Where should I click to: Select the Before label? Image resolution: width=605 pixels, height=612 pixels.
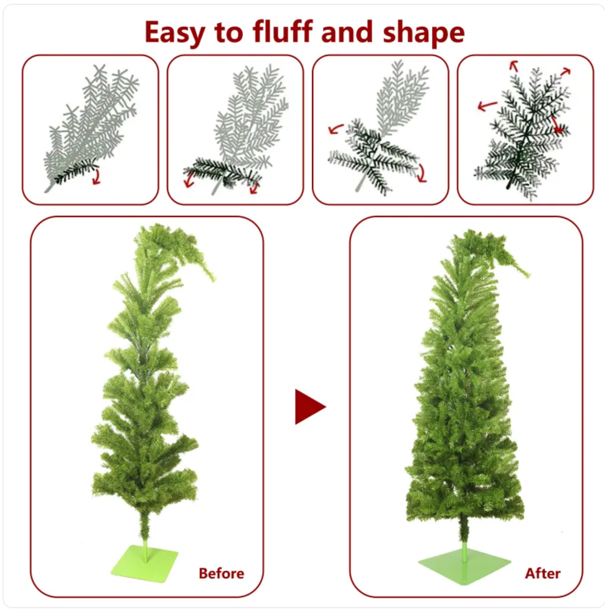(222, 573)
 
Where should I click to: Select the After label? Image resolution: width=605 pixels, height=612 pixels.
(543, 573)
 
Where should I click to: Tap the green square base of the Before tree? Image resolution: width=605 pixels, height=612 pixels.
(144, 564)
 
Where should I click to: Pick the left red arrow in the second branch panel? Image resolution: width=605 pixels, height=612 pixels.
(190, 180)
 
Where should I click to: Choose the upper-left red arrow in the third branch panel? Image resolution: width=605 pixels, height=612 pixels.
(335, 129)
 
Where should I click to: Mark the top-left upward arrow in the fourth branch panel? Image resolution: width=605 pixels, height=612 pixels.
(514, 66)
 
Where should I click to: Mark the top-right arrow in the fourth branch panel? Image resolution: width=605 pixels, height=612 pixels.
(566, 72)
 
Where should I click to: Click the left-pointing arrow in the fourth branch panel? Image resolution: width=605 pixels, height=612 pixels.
(487, 105)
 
